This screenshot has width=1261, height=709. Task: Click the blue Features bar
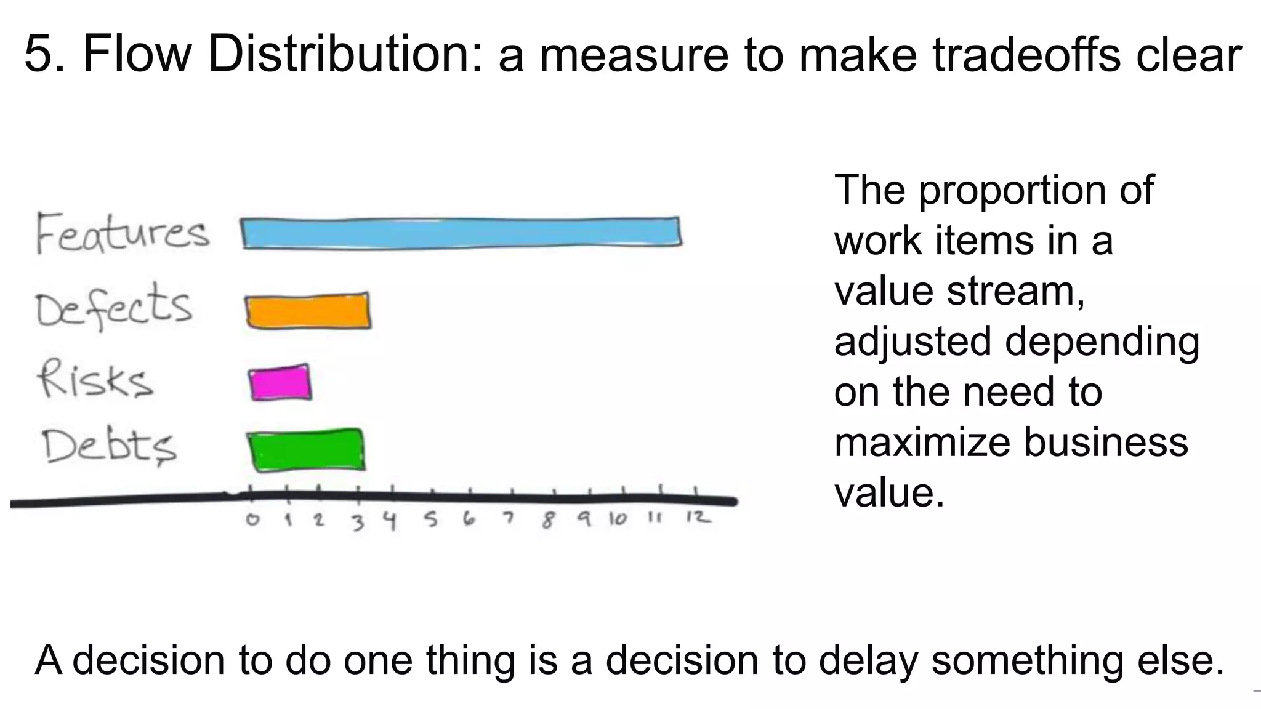point(462,233)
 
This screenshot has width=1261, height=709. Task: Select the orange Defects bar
point(308,311)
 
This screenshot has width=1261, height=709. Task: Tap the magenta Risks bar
point(280,383)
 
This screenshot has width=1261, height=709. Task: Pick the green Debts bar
point(307,451)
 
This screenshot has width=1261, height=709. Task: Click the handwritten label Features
point(122,233)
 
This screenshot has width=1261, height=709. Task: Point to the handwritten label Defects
point(113,306)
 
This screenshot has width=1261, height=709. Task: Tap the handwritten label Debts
point(109,446)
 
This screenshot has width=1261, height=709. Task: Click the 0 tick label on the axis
point(252,520)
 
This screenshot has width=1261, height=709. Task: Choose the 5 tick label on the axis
point(431,521)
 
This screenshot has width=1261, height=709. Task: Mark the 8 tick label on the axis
point(547,521)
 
